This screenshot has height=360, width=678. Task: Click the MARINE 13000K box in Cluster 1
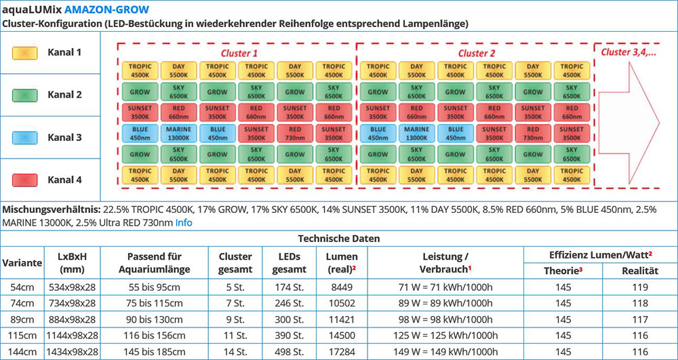[x=178, y=133]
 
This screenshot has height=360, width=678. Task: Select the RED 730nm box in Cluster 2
[x=533, y=133]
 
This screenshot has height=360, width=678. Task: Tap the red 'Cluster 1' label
[x=239, y=52]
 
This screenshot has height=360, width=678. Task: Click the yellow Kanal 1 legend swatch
[x=24, y=52]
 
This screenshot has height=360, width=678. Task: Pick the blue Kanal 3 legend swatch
[x=24, y=137]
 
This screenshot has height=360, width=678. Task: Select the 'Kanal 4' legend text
[x=64, y=180]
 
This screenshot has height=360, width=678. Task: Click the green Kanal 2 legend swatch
[x=24, y=95]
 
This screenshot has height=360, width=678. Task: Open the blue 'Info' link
[x=184, y=222]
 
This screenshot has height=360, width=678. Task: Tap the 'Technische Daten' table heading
[x=339, y=239]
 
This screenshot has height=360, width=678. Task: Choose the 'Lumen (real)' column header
[x=342, y=263]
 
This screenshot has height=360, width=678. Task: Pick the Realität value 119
[x=639, y=287]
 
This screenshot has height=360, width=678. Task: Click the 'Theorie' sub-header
[x=563, y=271]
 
